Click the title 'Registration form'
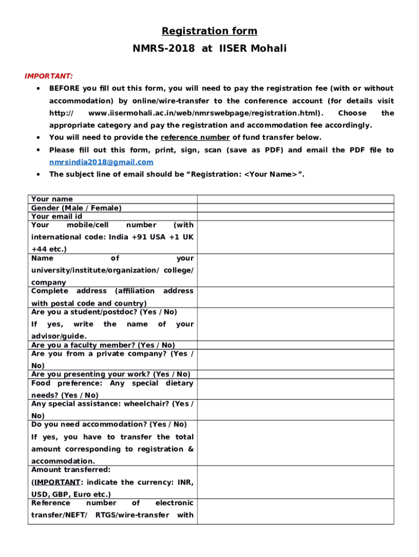point(209,31)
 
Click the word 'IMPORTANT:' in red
point(49,76)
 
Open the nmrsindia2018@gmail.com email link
point(101,162)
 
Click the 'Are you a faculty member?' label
point(103,345)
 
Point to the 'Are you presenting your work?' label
point(110,374)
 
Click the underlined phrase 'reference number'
point(195,138)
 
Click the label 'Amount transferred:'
point(71,469)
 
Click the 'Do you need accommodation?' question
point(109,424)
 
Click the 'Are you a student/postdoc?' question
point(104,312)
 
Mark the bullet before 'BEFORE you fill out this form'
point(37,88)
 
